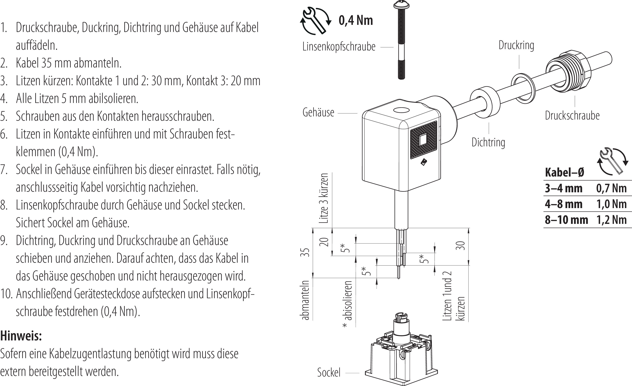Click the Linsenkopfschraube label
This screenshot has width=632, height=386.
click(x=339, y=47)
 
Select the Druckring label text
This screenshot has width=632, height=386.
click(x=516, y=45)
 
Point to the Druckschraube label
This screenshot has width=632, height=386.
click(x=572, y=116)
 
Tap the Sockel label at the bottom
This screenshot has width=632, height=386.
click(x=329, y=372)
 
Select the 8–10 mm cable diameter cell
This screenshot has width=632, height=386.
click(x=566, y=220)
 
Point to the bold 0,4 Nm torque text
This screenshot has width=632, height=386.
click(x=355, y=21)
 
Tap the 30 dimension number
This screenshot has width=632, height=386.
click(x=461, y=246)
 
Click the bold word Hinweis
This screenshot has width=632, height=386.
click(x=21, y=336)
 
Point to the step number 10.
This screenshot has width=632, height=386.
click(x=6, y=294)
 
